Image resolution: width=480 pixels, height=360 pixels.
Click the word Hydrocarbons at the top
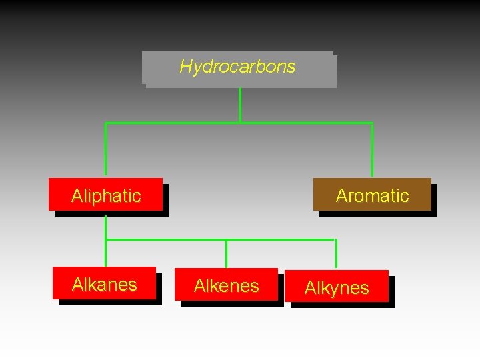tap(237, 67)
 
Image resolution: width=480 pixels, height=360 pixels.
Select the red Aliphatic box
tap(105, 195)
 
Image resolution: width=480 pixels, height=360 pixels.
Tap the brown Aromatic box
tap(372, 195)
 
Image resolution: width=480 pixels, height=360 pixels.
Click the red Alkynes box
tap(336, 287)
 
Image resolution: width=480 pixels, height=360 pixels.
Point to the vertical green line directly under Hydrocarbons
tap(240, 105)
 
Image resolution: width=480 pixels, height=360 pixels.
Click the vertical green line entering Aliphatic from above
tap(105, 150)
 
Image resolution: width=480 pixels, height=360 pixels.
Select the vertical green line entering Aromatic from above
tap(372, 150)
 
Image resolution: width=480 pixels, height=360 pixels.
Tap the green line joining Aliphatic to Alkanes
tap(105, 243)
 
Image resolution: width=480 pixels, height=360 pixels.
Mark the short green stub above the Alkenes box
tap(227, 253)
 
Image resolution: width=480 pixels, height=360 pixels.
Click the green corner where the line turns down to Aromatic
tap(372, 123)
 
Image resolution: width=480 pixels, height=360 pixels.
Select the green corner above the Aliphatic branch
tap(105, 123)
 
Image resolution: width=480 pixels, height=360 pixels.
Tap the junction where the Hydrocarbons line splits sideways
tap(240, 123)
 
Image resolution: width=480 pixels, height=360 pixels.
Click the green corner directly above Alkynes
tap(336, 239)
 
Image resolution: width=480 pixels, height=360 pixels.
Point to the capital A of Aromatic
tap(342, 195)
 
